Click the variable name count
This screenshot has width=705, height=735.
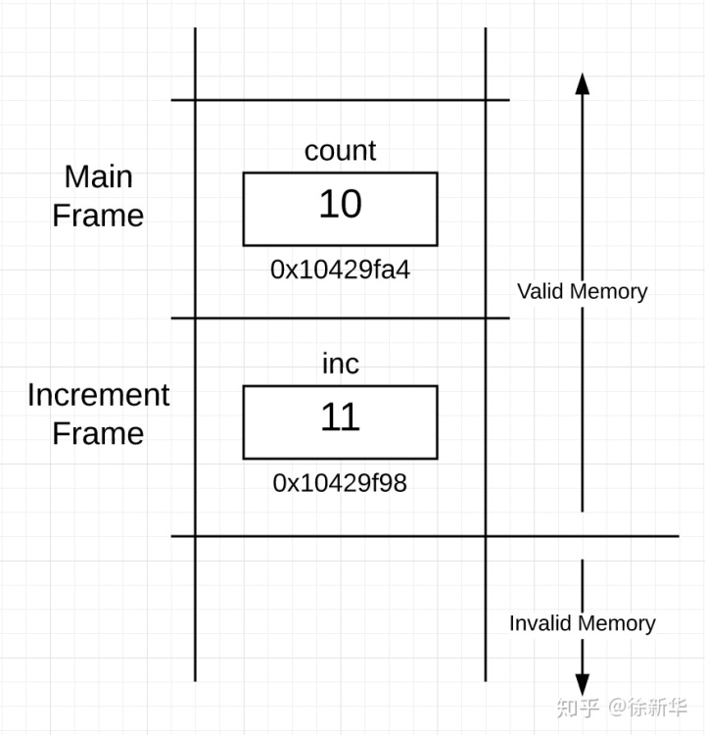point(340,151)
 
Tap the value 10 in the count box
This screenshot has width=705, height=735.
point(341,204)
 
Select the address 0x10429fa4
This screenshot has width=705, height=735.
point(340,270)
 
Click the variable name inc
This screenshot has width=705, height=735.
point(341,364)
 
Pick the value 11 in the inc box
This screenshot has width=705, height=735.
point(341,416)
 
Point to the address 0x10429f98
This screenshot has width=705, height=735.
point(340,483)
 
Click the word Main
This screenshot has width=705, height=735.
point(98,176)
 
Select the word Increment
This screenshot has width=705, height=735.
point(98,395)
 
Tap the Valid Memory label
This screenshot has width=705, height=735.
point(583,292)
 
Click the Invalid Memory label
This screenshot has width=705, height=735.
point(583,623)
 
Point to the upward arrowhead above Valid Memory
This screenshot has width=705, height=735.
point(583,84)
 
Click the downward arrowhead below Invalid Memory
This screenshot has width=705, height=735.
point(583,685)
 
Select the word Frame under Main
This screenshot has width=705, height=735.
point(98,216)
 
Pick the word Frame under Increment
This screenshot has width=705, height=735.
point(98,433)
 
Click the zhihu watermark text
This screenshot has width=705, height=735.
point(622,707)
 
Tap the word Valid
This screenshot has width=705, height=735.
point(540,292)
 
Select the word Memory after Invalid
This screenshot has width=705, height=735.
point(617,624)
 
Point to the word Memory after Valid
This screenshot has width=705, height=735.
point(608,292)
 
